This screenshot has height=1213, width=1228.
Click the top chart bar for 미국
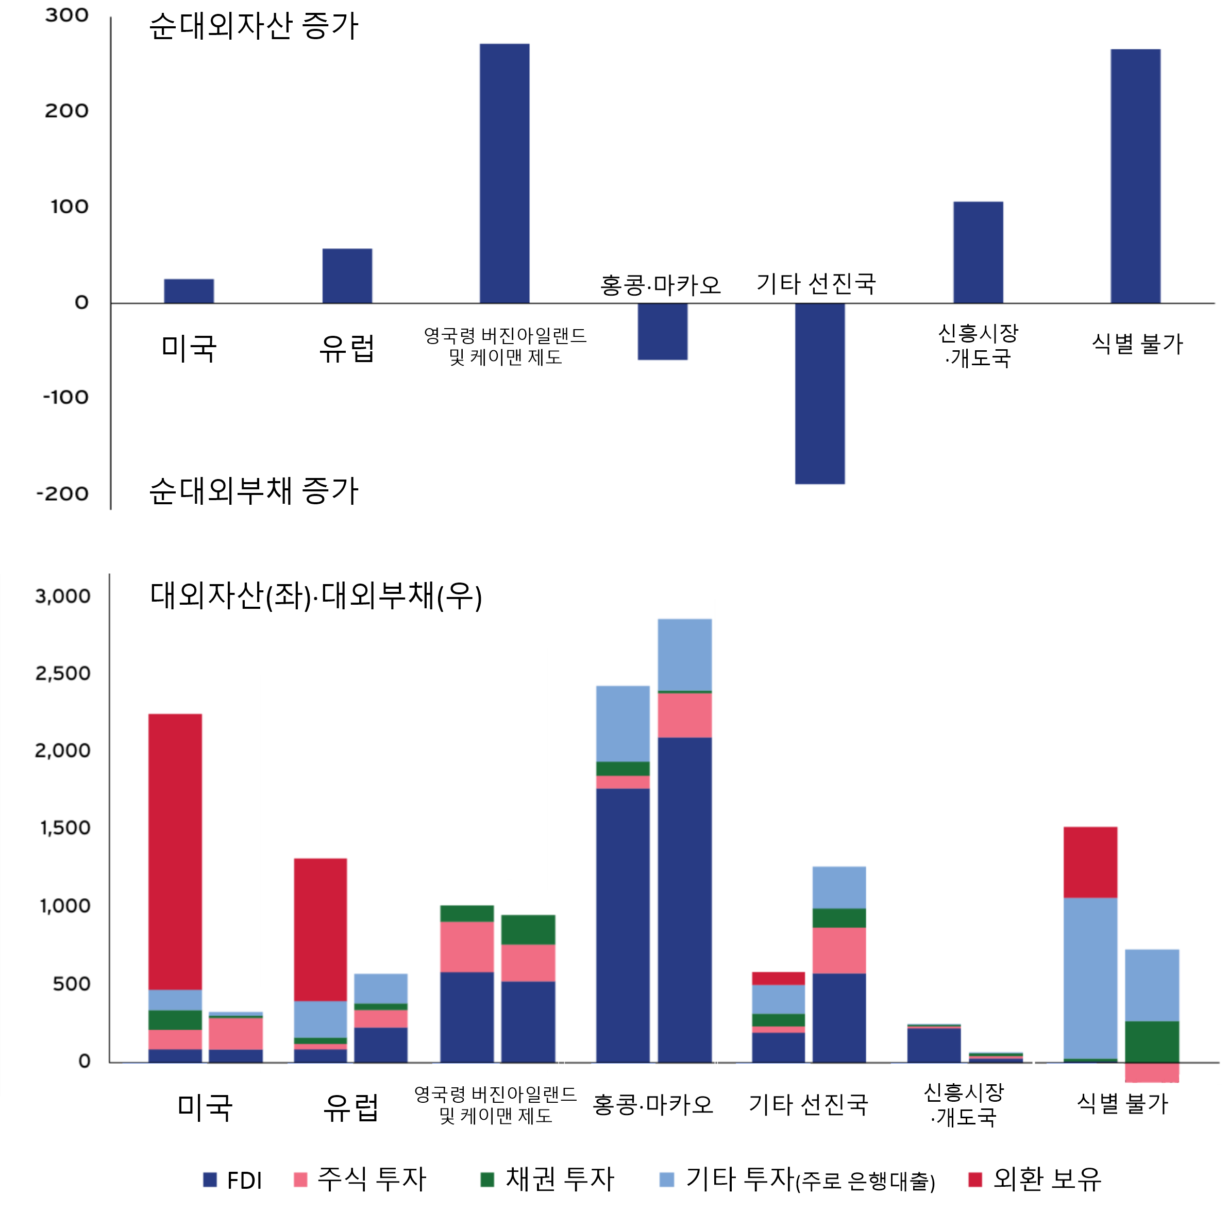tap(189, 291)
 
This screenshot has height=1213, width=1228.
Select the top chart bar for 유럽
tap(347, 276)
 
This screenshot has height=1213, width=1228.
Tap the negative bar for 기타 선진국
tap(819, 394)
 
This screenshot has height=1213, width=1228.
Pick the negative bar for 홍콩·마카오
tap(662, 332)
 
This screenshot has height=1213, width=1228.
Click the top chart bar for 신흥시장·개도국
tap(978, 252)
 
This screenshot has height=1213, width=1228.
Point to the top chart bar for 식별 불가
tap(1135, 176)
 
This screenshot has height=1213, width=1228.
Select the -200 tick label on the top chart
tap(63, 494)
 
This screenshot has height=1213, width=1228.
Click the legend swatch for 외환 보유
tap(975, 1180)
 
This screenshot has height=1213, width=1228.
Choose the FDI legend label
tap(244, 1181)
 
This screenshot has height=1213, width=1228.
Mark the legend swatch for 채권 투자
tap(487, 1180)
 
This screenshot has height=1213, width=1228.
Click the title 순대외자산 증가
tap(254, 27)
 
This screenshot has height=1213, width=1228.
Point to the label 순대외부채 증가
tap(254, 492)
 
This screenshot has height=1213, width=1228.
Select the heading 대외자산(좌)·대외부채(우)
tap(316, 596)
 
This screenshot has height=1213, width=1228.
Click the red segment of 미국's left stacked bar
tap(175, 851)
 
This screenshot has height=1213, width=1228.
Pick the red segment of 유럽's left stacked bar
tap(321, 930)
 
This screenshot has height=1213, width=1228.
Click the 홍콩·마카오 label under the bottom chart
tap(653, 1105)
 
